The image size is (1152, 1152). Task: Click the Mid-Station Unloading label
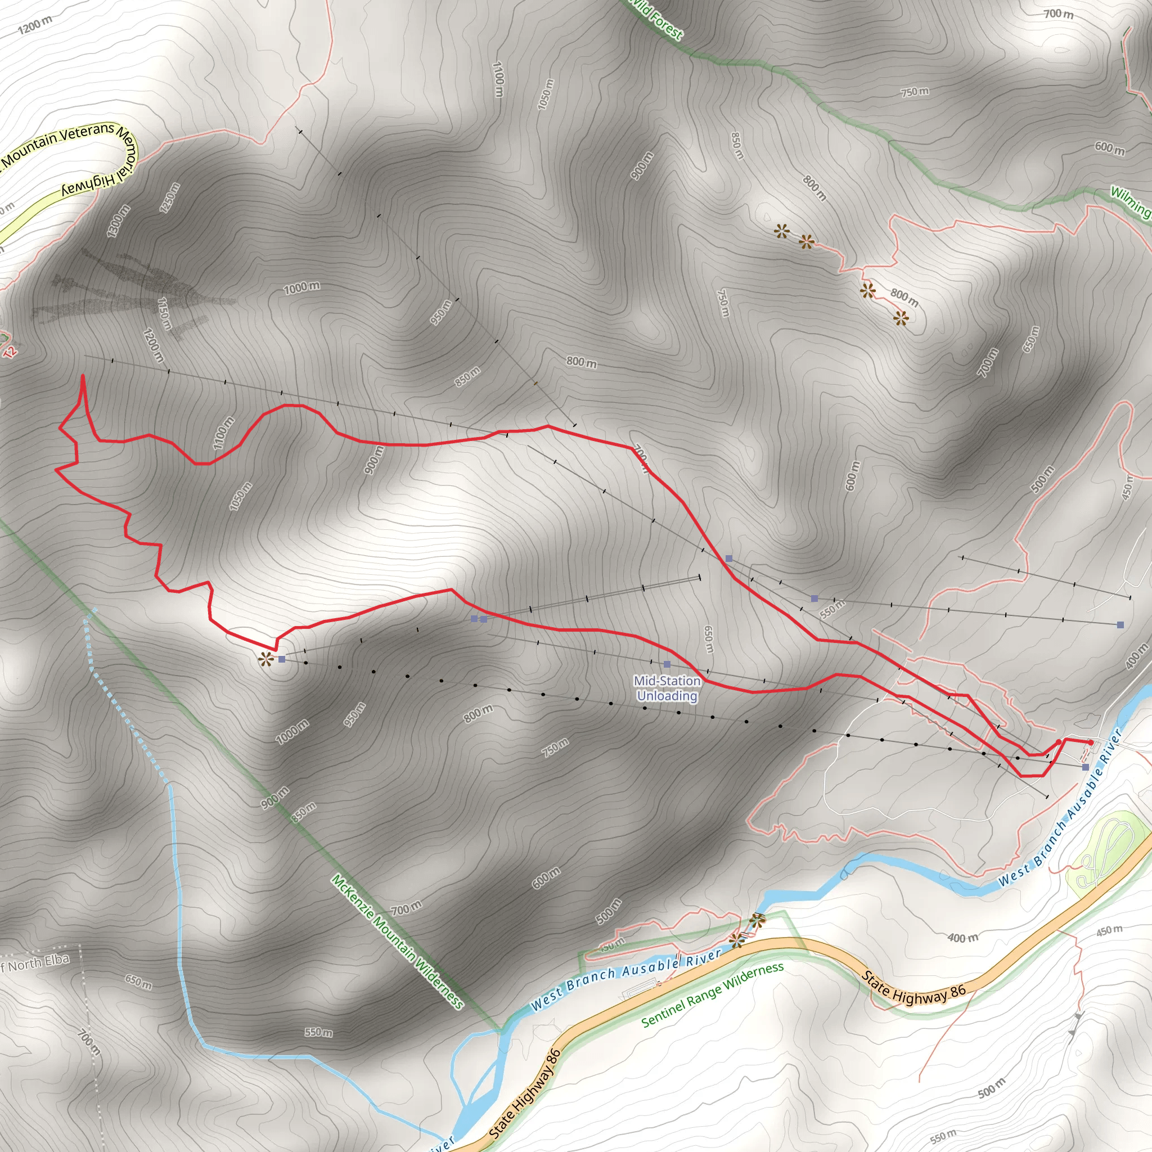(667, 688)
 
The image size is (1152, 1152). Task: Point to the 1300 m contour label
(118, 220)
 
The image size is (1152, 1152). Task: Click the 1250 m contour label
(169, 197)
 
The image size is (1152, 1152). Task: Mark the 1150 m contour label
(164, 314)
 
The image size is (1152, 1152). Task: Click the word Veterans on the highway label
(87, 132)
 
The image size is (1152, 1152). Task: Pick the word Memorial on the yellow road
(128, 154)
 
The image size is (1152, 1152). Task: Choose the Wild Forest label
(658, 19)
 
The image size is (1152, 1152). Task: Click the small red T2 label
(10, 351)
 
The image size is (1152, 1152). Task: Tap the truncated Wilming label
(1131, 201)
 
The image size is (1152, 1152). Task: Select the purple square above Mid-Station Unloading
(667, 664)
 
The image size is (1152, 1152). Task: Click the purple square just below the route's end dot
(1085, 767)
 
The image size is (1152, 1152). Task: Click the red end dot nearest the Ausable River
(1091, 742)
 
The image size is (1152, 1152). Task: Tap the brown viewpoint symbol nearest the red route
(265, 659)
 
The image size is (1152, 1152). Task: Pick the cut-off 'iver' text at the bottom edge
(442, 1143)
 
